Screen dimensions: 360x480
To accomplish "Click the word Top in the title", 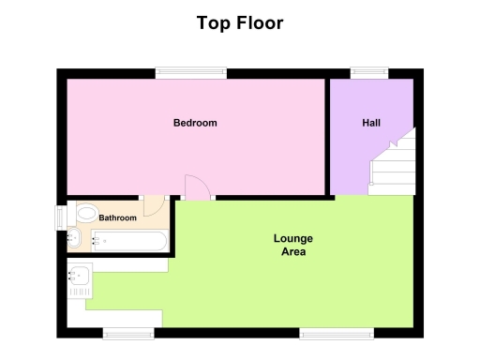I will [213, 22].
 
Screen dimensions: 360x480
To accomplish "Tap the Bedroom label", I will [195, 123].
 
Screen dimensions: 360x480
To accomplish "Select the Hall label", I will [371, 123].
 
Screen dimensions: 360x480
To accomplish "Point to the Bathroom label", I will [118, 218].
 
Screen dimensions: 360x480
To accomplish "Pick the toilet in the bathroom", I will [86, 213].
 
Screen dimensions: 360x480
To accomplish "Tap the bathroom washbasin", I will [74, 239].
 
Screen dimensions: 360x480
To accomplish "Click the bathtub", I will [131, 242].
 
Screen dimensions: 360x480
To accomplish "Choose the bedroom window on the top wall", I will [190, 73].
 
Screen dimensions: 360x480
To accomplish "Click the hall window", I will [369, 73].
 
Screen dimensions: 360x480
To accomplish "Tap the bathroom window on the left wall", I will [61, 217].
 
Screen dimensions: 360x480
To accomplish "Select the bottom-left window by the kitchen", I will [128, 332].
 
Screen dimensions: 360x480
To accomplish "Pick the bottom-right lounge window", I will [336, 332].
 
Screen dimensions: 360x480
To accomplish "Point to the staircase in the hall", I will [392, 165].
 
